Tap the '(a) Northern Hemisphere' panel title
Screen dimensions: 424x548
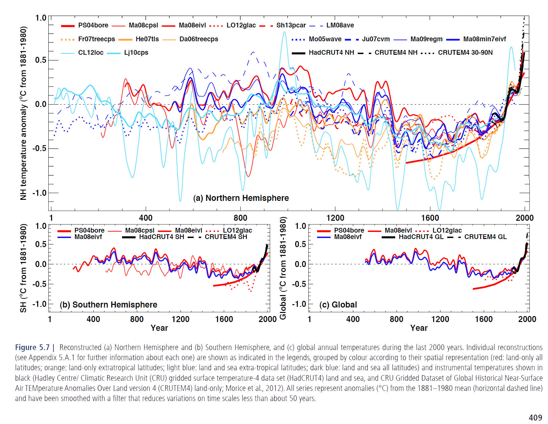tap(241, 198)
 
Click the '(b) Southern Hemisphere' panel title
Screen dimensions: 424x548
tap(109, 305)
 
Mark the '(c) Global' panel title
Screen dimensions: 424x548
tap(338, 305)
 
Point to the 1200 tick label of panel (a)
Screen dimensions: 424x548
tap(335, 218)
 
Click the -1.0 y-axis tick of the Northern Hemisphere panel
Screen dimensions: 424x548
tap(39, 193)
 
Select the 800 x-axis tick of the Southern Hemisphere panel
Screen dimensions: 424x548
tap(137, 319)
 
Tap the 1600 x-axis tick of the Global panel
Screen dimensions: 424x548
tap(483, 319)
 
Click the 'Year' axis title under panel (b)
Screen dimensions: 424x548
tap(159, 328)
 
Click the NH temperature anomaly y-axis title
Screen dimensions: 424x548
tap(23, 113)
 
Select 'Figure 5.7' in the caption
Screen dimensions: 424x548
tap(32, 347)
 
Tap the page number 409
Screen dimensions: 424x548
tap(535, 418)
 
